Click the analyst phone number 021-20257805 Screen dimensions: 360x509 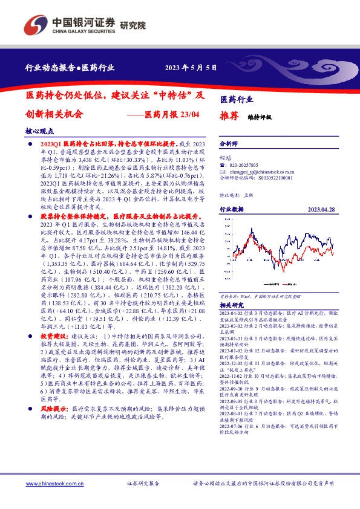pyautogui.click(x=244, y=165)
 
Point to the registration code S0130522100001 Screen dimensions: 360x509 pyautogui.click(x=270, y=178)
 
